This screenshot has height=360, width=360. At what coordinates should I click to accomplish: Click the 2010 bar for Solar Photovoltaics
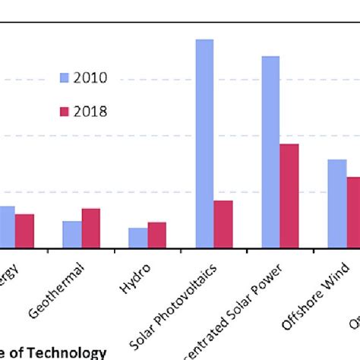(x=204, y=144)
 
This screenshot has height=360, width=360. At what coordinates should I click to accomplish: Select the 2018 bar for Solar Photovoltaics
(x=223, y=224)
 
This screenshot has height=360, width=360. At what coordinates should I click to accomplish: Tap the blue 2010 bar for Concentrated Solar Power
(x=270, y=152)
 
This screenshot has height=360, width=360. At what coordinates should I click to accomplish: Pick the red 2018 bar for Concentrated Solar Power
(x=289, y=196)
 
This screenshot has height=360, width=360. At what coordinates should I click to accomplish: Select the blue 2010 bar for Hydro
(x=138, y=238)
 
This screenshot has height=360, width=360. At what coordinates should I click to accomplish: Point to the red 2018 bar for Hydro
(x=156, y=235)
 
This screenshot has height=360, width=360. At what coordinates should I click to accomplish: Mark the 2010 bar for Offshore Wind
(x=336, y=204)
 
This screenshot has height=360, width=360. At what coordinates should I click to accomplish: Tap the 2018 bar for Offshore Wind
(x=354, y=212)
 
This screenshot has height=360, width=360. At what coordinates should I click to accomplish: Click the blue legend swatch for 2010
(x=65, y=77)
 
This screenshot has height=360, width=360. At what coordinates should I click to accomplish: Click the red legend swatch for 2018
(x=65, y=112)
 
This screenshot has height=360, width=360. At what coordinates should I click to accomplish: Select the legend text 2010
(x=90, y=77)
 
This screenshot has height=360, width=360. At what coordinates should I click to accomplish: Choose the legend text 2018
(x=90, y=112)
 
